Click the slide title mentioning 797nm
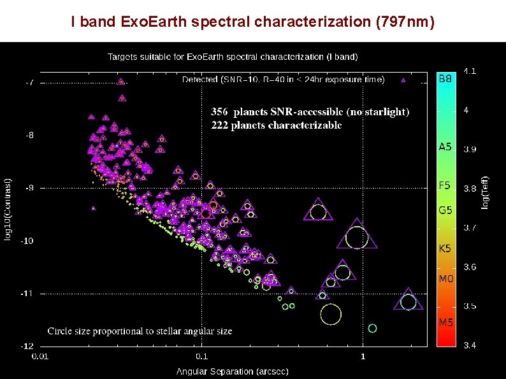click(253, 22)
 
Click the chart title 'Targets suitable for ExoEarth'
click(232, 57)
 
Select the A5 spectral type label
click(445, 147)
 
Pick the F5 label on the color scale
click(445, 186)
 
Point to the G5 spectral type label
click(445, 210)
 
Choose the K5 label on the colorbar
click(445, 248)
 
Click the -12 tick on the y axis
click(29, 347)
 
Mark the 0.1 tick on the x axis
click(202, 356)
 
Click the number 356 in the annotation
click(220, 112)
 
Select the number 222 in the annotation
click(220, 125)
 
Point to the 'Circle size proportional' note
click(140, 331)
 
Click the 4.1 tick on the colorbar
click(469, 71)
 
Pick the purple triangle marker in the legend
click(403, 80)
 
